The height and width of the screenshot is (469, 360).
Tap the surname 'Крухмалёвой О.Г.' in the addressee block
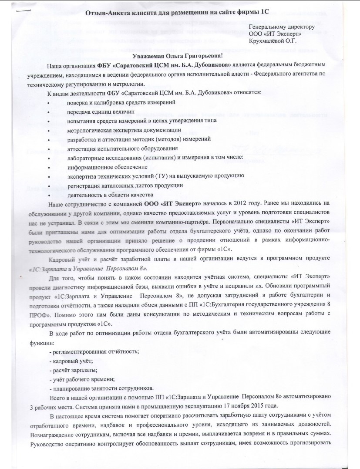272,41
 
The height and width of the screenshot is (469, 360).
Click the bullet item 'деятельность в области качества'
110,195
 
